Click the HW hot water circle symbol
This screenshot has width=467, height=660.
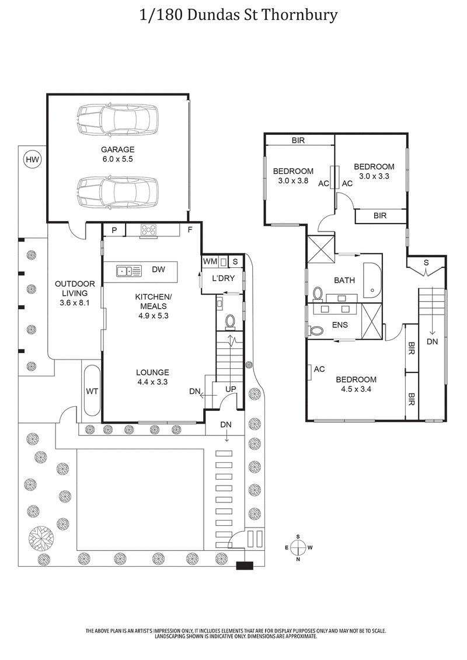coord(32,159)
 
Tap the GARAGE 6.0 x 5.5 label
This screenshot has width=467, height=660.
coord(118,154)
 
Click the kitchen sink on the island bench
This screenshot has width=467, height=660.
coord(129,270)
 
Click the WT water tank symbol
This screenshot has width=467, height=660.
coord(92,390)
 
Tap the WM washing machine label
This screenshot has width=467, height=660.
coord(209,262)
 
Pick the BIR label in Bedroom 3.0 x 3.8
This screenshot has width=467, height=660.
coord(298,141)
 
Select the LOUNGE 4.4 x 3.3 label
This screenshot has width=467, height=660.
coord(153,377)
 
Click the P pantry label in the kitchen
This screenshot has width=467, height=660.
coord(114,230)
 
